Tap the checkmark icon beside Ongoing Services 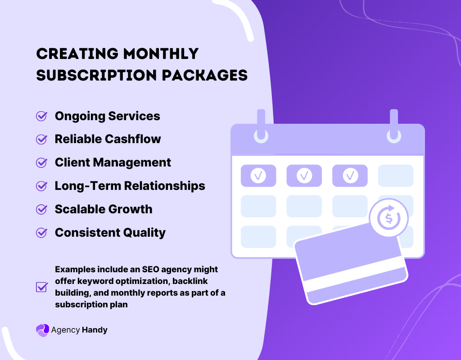click(41, 116)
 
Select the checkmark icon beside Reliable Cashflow click(41, 139)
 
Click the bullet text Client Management click(113, 162)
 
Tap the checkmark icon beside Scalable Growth click(41, 209)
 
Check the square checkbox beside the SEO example click(41, 287)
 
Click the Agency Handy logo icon click(42, 330)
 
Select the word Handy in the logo click(95, 330)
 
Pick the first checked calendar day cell click(258, 175)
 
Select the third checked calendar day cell click(350, 175)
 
